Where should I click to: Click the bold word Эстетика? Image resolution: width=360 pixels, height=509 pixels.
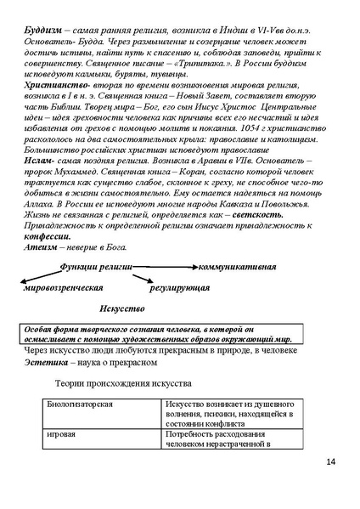50,360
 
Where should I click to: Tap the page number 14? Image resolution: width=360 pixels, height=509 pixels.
330,461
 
